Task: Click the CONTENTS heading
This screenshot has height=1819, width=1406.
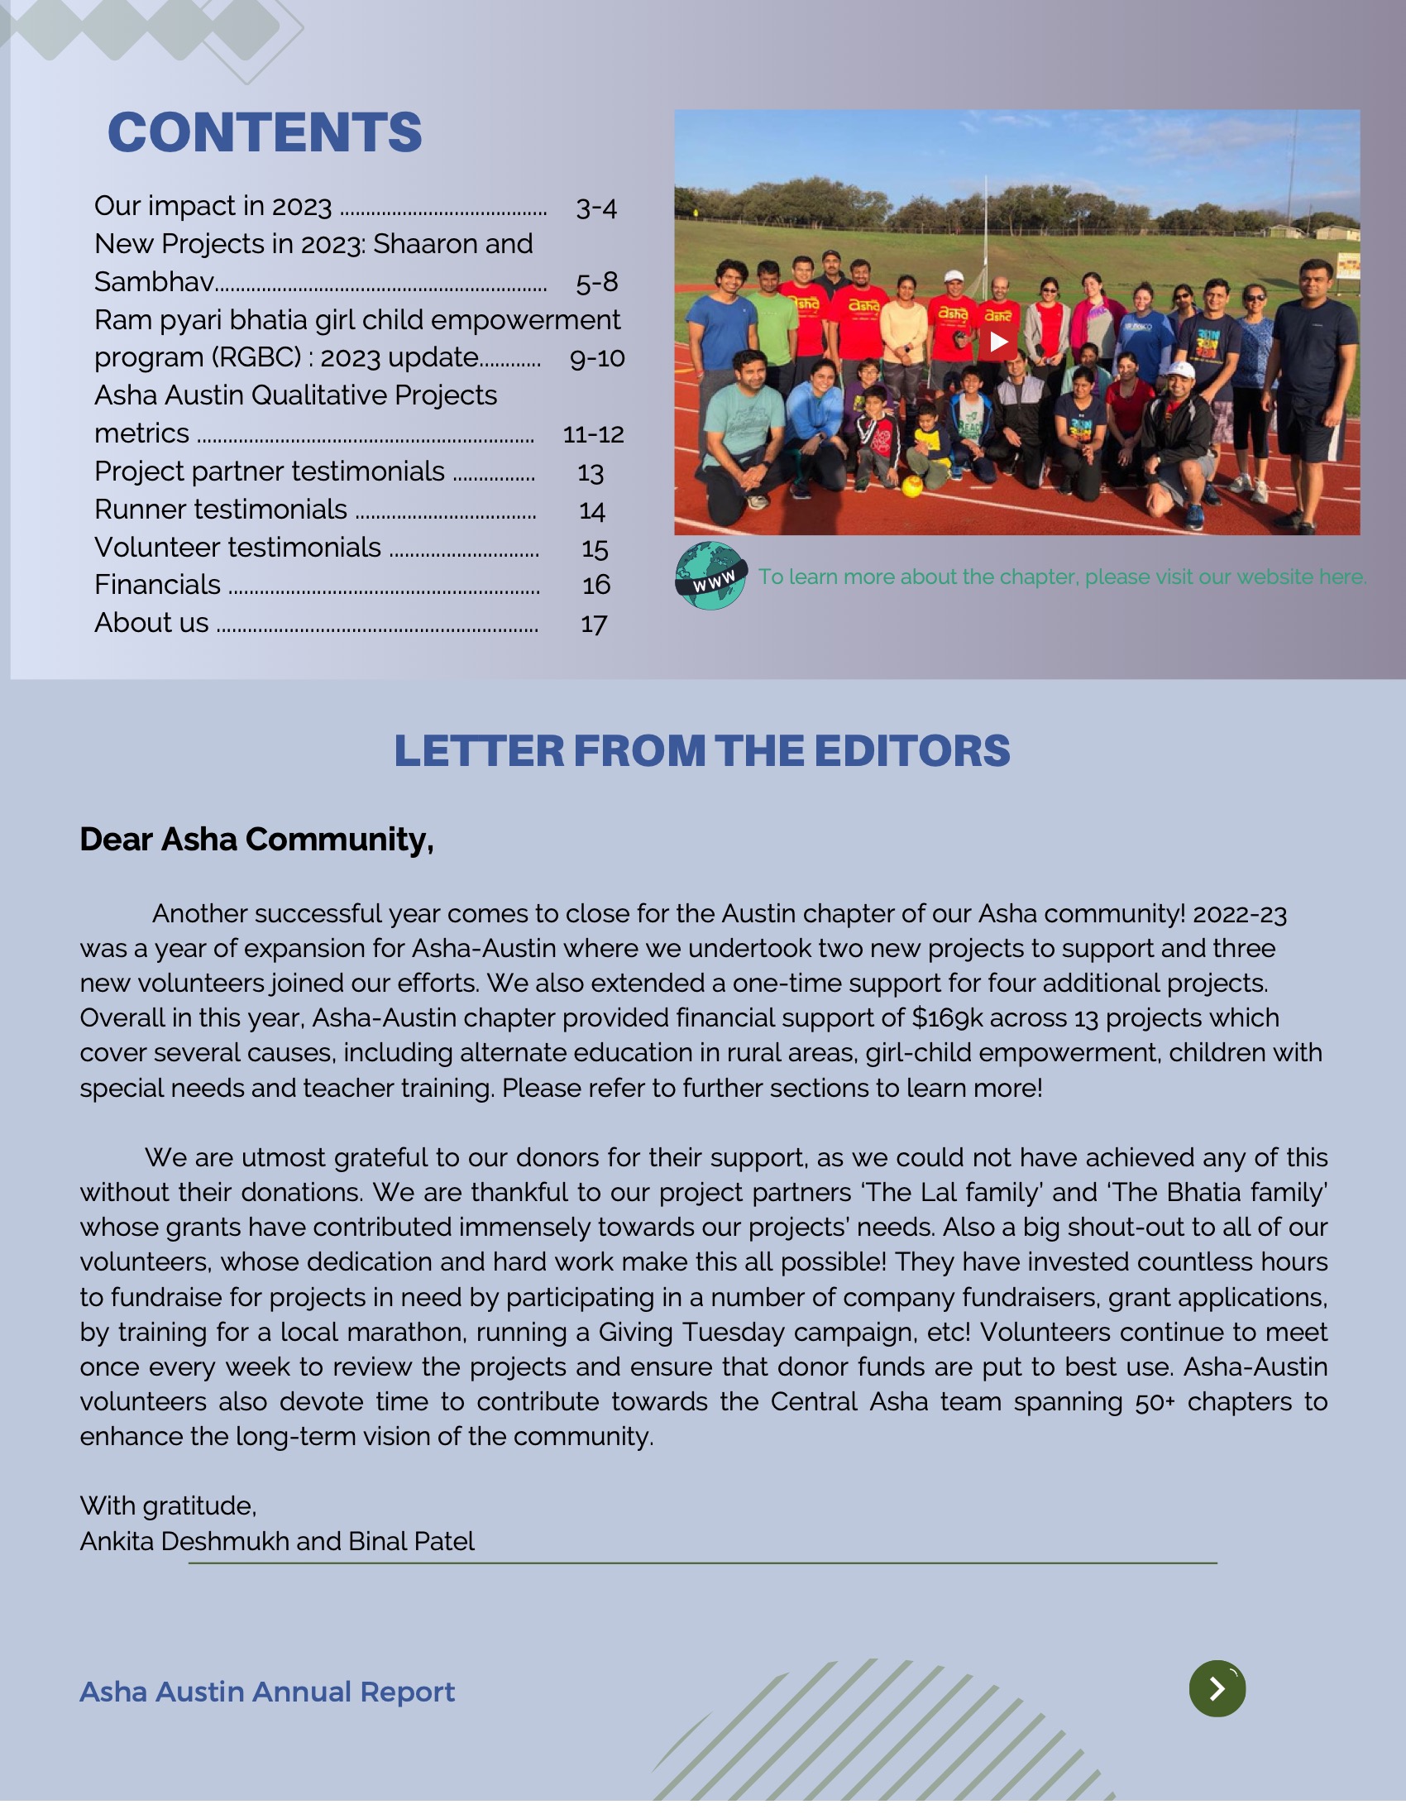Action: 264,132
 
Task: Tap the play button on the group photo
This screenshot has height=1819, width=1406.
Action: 998,342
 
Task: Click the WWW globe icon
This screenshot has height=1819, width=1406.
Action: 710,577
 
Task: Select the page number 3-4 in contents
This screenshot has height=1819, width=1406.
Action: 595,207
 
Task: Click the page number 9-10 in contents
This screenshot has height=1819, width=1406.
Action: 596,358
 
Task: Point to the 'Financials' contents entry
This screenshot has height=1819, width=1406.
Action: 157,585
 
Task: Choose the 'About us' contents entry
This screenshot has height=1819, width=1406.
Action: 151,623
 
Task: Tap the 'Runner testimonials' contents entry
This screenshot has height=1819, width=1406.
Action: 221,509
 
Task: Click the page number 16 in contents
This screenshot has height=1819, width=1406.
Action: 595,585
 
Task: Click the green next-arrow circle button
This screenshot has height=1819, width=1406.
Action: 1217,1688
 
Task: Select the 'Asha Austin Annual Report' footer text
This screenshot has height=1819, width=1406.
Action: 266,1692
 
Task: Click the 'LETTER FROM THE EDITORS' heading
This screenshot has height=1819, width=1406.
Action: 701,750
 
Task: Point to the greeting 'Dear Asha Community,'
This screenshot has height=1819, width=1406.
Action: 256,839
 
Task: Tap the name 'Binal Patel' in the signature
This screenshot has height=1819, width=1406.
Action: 412,1541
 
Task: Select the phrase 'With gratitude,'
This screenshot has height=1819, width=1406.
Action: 168,1505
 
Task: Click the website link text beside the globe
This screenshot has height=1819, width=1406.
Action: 1062,577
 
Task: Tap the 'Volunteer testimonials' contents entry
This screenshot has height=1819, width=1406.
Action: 237,548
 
